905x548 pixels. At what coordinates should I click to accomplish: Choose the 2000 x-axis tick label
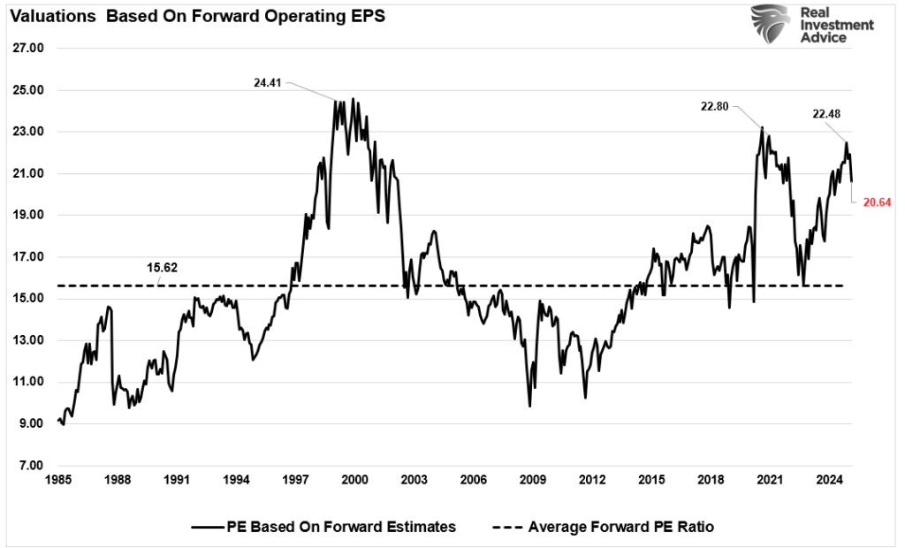[354, 480]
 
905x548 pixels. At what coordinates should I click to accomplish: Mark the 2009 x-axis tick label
[533, 480]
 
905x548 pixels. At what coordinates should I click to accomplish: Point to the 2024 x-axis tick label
[829, 480]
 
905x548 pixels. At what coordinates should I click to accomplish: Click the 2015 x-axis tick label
[651, 480]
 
